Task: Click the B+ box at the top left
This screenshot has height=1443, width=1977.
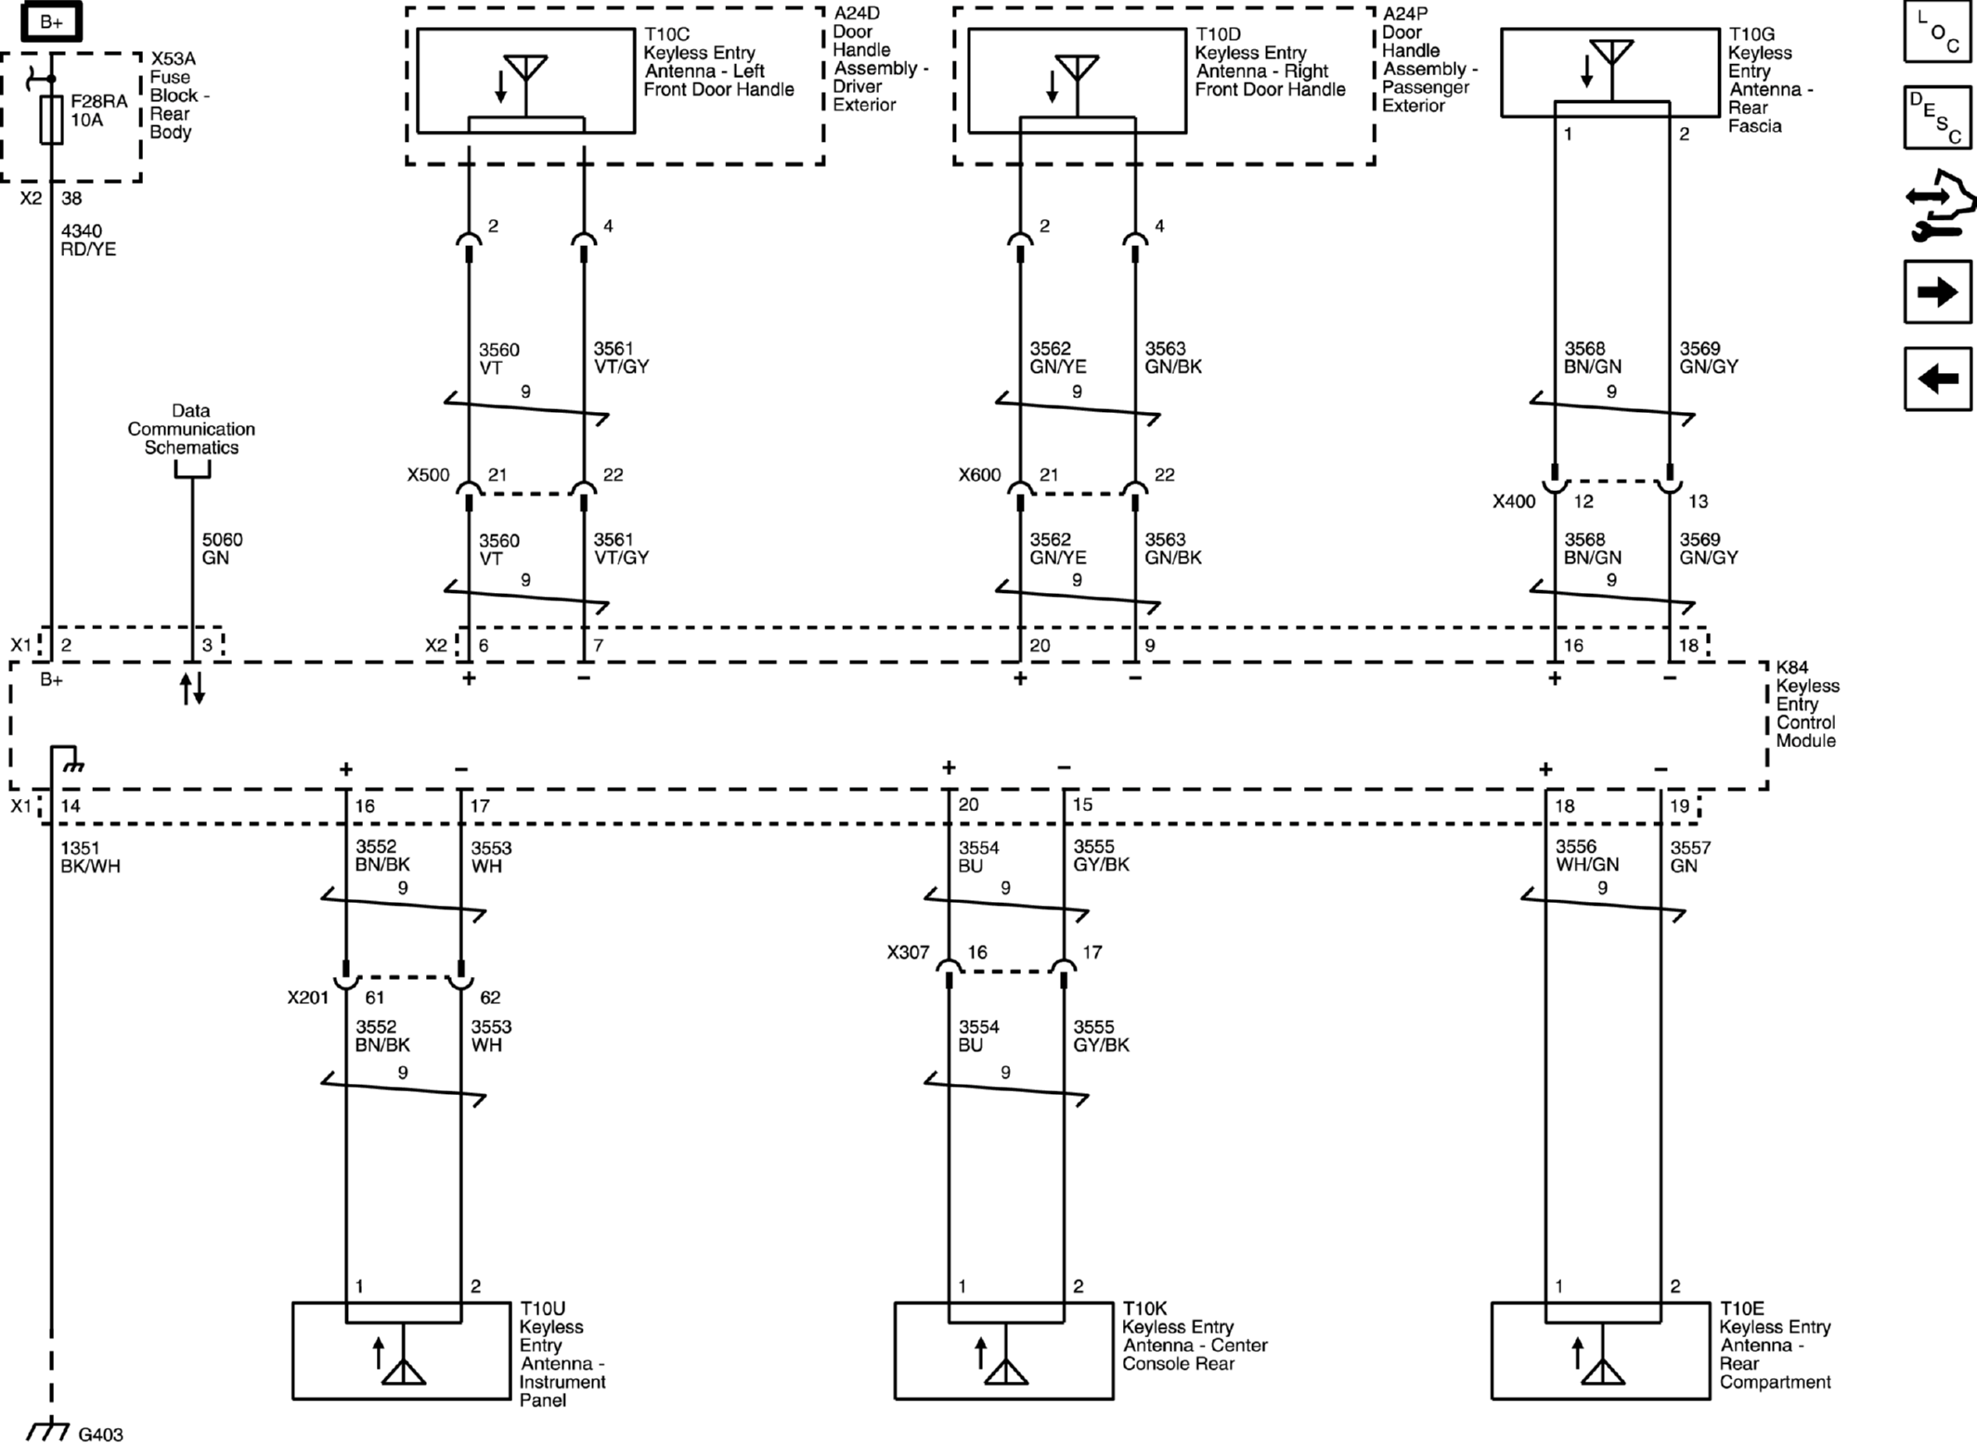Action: pyautogui.click(x=51, y=21)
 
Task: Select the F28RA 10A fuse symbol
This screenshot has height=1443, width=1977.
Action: pyautogui.click(x=52, y=119)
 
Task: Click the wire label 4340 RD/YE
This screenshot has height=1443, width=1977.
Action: pyautogui.click(x=88, y=240)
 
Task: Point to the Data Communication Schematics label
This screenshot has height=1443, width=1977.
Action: pyautogui.click(x=191, y=429)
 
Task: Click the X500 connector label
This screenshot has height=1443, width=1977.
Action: pyautogui.click(x=428, y=475)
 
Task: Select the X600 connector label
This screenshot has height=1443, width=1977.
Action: pyautogui.click(x=979, y=475)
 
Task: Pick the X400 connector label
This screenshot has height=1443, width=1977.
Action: pyautogui.click(x=1514, y=502)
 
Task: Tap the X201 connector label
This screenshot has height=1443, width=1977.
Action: pyautogui.click(x=308, y=998)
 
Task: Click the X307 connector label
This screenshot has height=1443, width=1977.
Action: pyautogui.click(x=908, y=952)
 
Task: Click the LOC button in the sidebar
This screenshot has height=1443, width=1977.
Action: pyautogui.click(x=1937, y=32)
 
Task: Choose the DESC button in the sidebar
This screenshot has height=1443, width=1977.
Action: pyautogui.click(x=1937, y=118)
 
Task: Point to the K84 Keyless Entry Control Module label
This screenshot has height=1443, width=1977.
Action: pyautogui.click(x=1806, y=704)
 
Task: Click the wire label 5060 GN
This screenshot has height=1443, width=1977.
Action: pyautogui.click(x=222, y=548)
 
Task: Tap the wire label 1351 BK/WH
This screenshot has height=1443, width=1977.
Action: pyautogui.click(x=90, y=857)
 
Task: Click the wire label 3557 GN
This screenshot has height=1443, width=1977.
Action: pyautogui.click(x=1690, y=857)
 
